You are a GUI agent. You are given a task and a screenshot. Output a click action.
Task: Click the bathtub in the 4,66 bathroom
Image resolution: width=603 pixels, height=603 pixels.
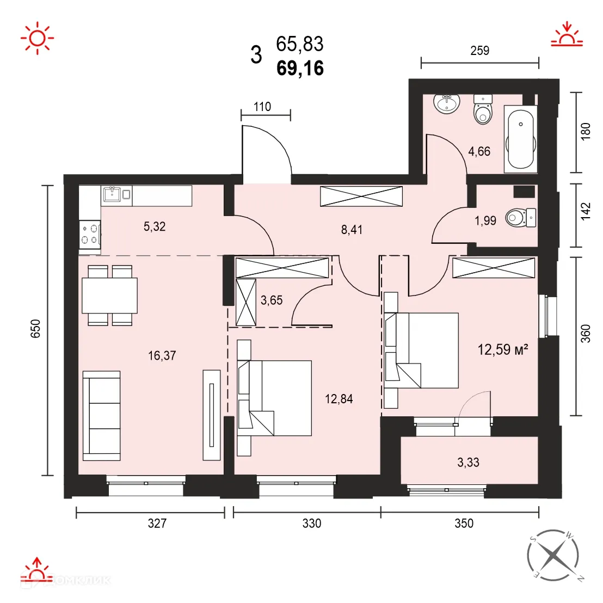pos(521,138)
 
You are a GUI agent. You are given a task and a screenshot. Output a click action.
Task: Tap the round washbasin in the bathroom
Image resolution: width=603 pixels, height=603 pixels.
pos(447,102)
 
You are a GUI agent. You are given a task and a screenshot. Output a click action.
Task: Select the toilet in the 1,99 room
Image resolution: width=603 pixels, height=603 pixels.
pos(520,218)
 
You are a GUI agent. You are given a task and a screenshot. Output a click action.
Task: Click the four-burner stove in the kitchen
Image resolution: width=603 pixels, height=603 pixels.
pos(90,234)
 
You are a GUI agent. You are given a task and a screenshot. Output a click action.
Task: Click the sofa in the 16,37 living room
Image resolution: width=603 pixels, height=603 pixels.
pos(101,416)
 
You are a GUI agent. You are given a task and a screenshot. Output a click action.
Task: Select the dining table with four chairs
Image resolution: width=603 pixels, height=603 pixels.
pos(109,295)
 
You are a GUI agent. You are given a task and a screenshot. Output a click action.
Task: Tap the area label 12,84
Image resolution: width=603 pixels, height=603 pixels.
pos(339,399)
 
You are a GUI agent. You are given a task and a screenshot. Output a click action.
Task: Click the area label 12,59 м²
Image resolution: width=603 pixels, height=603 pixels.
pos(503,349)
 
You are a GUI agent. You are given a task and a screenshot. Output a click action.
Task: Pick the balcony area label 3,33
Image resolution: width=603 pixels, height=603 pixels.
pos(468,463)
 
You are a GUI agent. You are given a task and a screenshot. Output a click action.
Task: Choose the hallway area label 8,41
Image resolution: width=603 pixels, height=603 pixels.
pos(352,230)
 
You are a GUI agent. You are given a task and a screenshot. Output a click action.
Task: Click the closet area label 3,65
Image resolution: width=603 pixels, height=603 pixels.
pos(272,300)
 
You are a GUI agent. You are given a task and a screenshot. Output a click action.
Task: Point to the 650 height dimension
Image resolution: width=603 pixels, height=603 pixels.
pos(35,329)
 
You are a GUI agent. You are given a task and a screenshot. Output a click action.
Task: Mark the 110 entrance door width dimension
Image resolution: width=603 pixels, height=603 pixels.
pos(262,107)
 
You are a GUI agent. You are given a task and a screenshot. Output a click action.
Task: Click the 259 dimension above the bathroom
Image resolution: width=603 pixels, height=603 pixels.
pos(479,51)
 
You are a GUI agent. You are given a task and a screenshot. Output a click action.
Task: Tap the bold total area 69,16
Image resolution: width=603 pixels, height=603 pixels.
pos(300,68)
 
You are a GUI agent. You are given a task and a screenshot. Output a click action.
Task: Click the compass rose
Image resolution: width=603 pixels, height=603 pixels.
pos(552,555)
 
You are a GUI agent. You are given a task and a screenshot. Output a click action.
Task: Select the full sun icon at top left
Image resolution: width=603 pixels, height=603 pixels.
pos(37,38)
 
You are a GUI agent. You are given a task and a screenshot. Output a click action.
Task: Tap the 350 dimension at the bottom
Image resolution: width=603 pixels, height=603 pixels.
pos(464,524)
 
